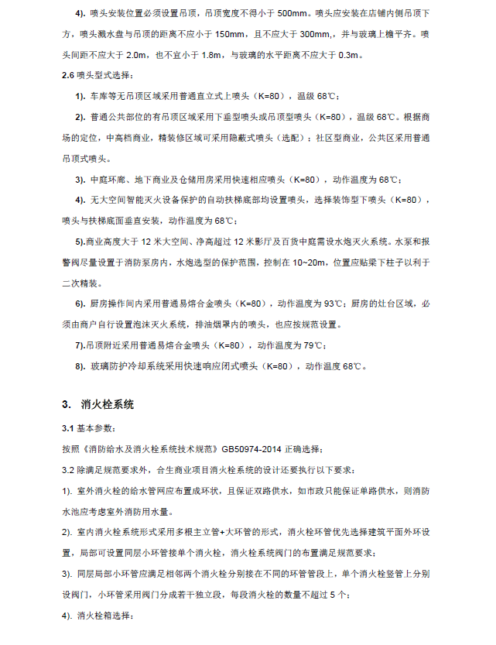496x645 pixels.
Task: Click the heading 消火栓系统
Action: tap(108, 404)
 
